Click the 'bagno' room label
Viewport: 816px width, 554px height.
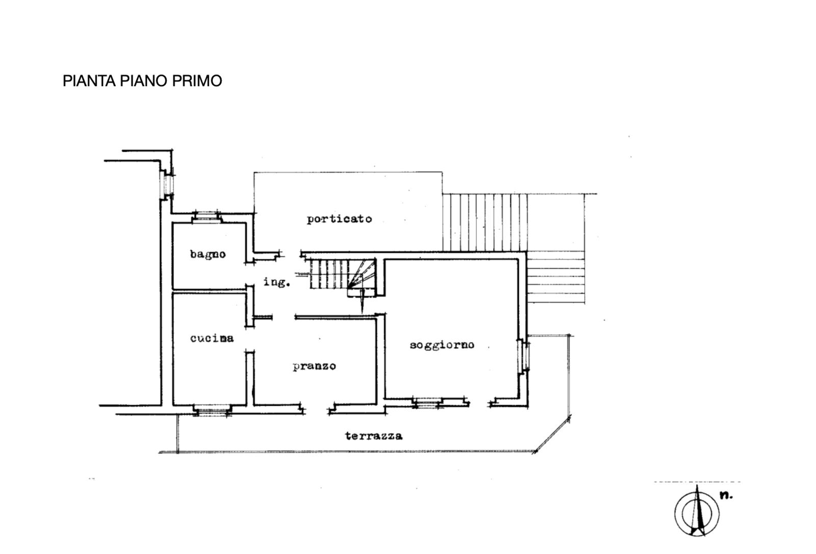(208, 254)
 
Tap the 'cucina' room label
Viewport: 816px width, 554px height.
(212, 338)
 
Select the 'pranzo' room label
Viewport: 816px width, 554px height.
(314, 366)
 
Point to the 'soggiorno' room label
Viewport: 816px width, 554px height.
(442, 345)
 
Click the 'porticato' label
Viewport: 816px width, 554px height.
(339, 219)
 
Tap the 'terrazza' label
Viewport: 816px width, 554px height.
(374, 436)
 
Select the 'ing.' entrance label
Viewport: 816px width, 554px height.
(276, 282)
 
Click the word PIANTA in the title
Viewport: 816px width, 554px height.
(89, 81)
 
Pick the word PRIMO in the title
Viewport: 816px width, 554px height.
(197, 81)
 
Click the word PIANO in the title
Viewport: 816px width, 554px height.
(144, 81)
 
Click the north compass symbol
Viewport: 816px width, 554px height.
(697, 513)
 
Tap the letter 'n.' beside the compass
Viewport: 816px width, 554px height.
(726, 495)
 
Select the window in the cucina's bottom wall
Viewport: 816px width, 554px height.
(212, 410)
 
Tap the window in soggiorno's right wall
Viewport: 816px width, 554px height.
(523, 355)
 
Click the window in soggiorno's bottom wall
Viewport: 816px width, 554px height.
(427, 403)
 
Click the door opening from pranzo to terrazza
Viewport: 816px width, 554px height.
(317, 409)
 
